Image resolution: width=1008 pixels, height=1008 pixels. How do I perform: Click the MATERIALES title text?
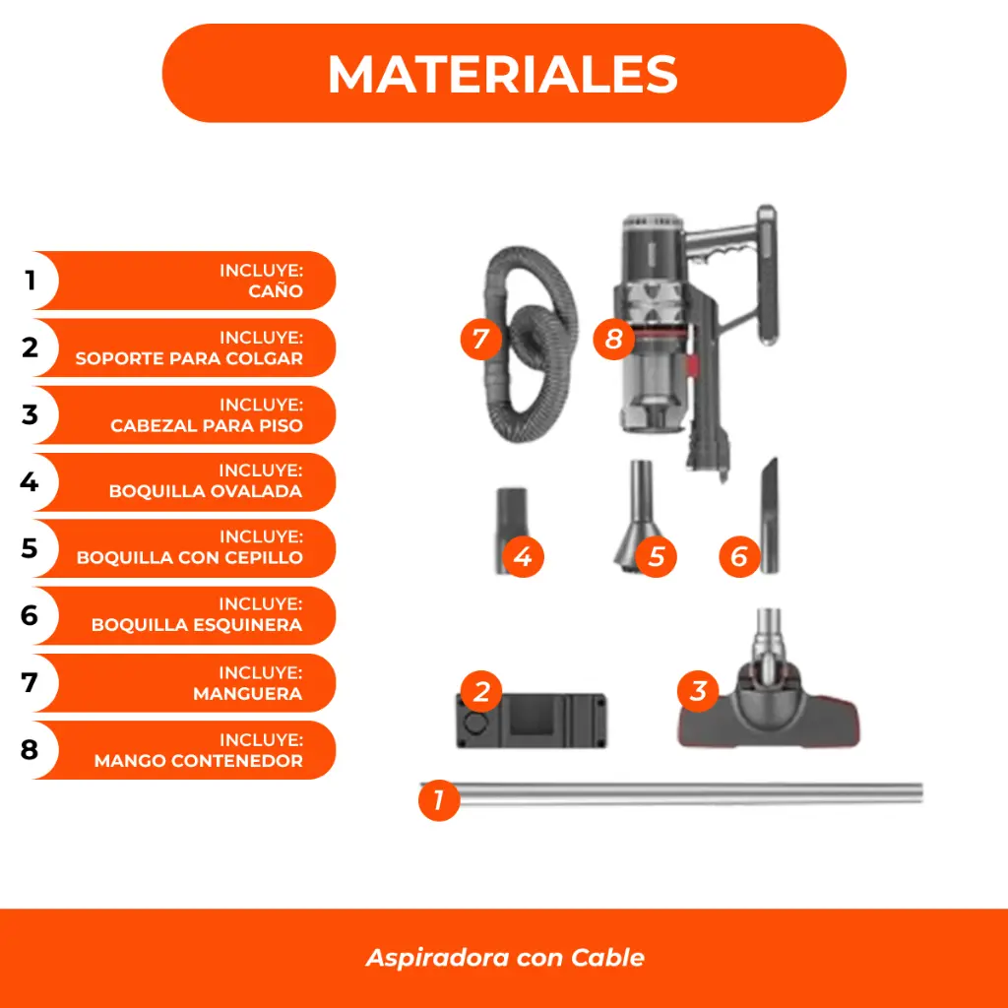pos(503,74)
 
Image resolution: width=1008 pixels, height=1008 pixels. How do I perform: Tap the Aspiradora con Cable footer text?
pos(505,957)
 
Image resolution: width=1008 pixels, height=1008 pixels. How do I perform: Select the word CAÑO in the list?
pos(276,291)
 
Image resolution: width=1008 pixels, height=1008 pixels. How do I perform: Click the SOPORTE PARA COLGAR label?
pos(189,358)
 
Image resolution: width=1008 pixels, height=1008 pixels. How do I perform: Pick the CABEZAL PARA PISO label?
pos(207,426)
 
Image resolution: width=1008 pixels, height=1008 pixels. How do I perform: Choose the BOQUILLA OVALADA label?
pos(206,491)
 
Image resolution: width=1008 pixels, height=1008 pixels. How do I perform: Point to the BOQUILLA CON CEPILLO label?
pos(190,557)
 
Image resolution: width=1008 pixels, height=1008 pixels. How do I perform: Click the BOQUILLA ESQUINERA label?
pos(197,625)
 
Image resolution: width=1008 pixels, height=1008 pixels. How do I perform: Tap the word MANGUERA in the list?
pos(248,693)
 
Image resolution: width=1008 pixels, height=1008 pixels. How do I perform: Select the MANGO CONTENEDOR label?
pos(199,760)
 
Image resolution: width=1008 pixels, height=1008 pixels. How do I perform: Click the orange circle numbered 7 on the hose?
pos(480,340)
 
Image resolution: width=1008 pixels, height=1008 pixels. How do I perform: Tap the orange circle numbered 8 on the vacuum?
pos(614,340)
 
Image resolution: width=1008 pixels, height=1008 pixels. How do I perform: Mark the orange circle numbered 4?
pos(523,557)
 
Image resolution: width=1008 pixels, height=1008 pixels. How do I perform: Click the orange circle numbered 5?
pos(657,557)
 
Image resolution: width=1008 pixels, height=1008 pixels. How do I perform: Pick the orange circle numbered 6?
pos(739,557)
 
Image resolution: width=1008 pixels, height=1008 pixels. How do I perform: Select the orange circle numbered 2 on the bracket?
pos(480,691)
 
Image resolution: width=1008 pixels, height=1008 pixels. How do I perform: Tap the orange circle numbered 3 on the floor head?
pos(698,691)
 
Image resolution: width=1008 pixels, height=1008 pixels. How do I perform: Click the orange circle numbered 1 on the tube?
pos(439,800)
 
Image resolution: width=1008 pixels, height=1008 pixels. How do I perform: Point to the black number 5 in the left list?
pos(30,548)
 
